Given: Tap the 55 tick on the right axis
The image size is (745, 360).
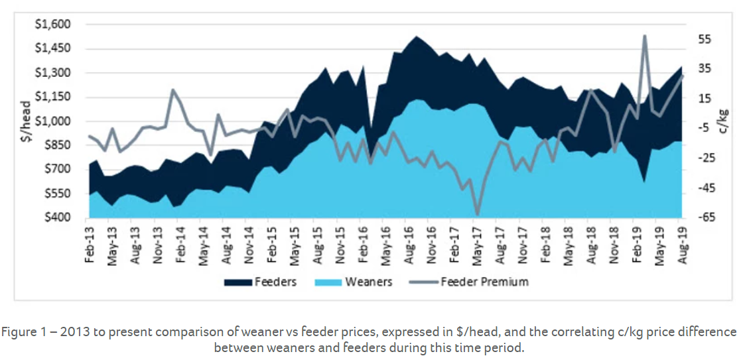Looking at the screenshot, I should (705, 40).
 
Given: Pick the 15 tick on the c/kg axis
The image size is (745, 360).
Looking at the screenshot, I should (705, 99).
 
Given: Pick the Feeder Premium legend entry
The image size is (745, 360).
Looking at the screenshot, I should (473, 282).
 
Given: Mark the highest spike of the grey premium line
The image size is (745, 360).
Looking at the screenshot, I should (645, 36).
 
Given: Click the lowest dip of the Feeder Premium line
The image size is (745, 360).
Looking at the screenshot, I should (477, 215).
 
